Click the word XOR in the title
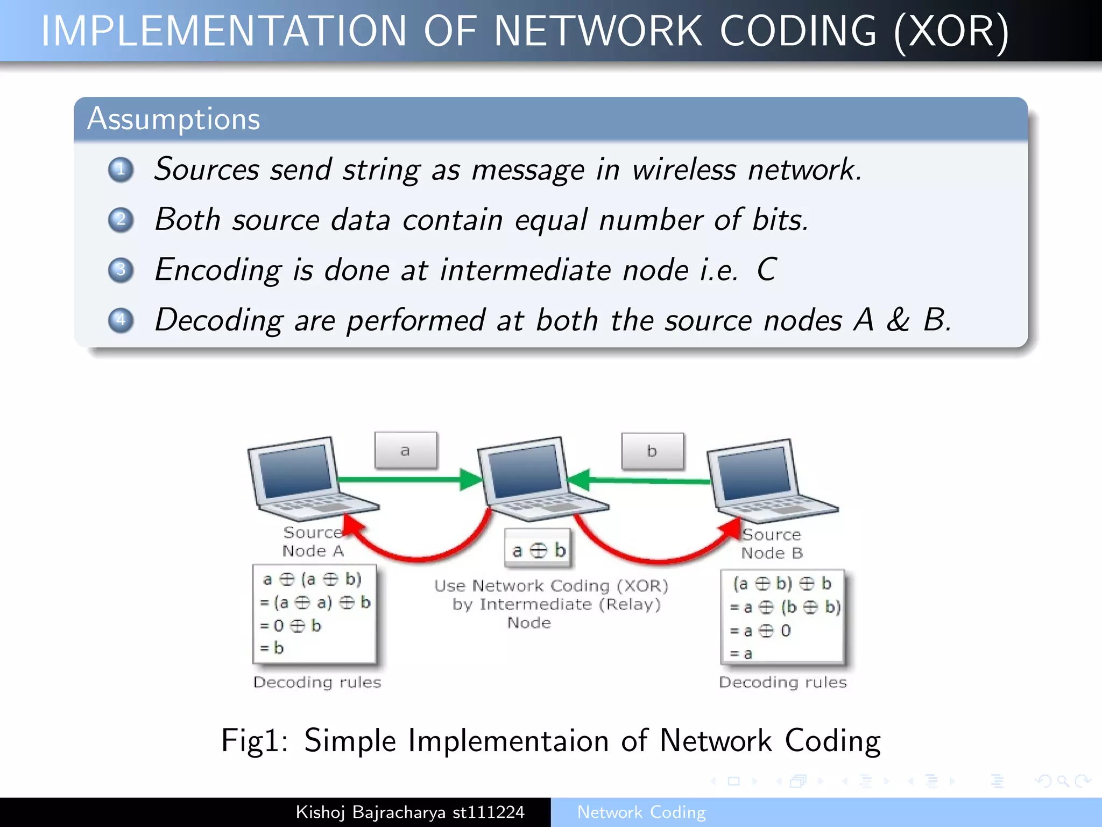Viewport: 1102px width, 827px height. (x=951, y=31)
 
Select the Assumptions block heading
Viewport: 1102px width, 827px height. (x=173, y=119)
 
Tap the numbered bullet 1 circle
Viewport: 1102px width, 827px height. (x=121, y=170)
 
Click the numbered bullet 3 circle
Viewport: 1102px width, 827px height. (x=121, y=270)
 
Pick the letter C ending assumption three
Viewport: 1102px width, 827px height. (x=766, y=269)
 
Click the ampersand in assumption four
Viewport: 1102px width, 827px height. (x=898, y=320)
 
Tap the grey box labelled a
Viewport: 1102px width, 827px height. (x=406, y=451)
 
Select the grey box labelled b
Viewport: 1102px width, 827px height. (x=652, y=451)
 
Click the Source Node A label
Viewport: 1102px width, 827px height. (x=313, y=542)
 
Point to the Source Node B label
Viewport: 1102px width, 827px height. (x=772, y=544)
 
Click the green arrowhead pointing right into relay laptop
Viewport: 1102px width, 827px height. (x=471, y=479)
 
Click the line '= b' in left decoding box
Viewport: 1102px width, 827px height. (x=272, y=648)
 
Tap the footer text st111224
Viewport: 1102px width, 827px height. (x=488, y=812)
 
